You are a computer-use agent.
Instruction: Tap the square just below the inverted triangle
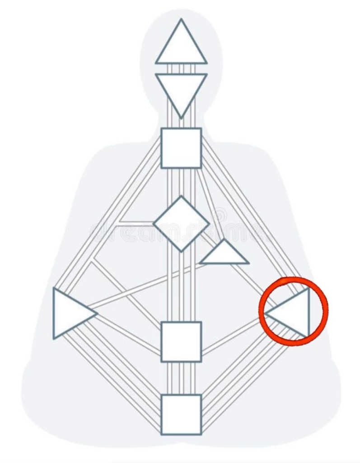[181, 148]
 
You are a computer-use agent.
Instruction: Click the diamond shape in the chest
[181, 223]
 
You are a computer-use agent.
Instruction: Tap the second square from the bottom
[181, 342]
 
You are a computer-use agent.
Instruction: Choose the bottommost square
[181, 415]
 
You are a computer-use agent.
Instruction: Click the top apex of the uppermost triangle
[181, 19]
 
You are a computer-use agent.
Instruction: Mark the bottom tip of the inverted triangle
[181, 118]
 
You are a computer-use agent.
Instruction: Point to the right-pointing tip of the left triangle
[97, 313]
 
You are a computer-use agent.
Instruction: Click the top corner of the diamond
[181, 197]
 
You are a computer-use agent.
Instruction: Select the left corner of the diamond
[154, 223]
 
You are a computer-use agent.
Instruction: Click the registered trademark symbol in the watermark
[220, 214]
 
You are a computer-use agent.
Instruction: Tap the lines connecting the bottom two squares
[181, 378]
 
